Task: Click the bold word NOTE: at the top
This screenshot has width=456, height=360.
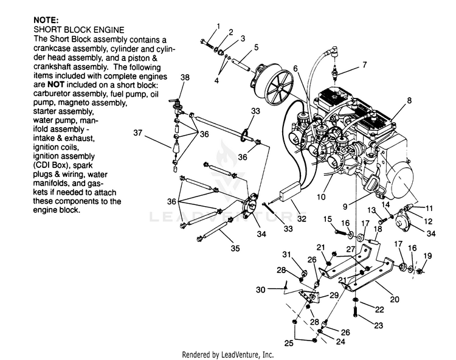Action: tap(46, 20)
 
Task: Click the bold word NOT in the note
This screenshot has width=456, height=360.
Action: tap(55, 85)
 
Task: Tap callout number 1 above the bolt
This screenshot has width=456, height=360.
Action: tap(218, 27)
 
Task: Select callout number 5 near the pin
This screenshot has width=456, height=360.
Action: tap(256, 47)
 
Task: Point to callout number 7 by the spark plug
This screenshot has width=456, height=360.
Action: tap(365, 64)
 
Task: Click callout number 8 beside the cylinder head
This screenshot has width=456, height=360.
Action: tap(409, 100)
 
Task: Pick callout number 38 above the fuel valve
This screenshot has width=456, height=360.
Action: tap(185, 77)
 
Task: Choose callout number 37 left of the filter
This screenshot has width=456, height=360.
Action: tap(138, 133)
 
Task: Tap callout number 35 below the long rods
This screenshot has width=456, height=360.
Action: tap(235, 248)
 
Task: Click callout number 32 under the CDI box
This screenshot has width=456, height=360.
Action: tap(302, 218)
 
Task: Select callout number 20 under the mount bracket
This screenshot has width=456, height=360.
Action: tap(395, 299)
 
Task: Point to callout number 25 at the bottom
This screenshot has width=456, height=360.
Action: tap(289, 343)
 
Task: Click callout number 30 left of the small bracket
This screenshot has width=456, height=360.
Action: tap(261, 289)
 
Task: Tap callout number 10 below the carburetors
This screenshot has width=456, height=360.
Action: tap(321, 197)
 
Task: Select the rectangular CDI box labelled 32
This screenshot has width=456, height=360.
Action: tap(290, 192)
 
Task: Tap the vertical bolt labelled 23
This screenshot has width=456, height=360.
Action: tap(356, 312)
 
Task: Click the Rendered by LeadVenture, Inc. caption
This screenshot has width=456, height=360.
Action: tap(228, 355)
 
